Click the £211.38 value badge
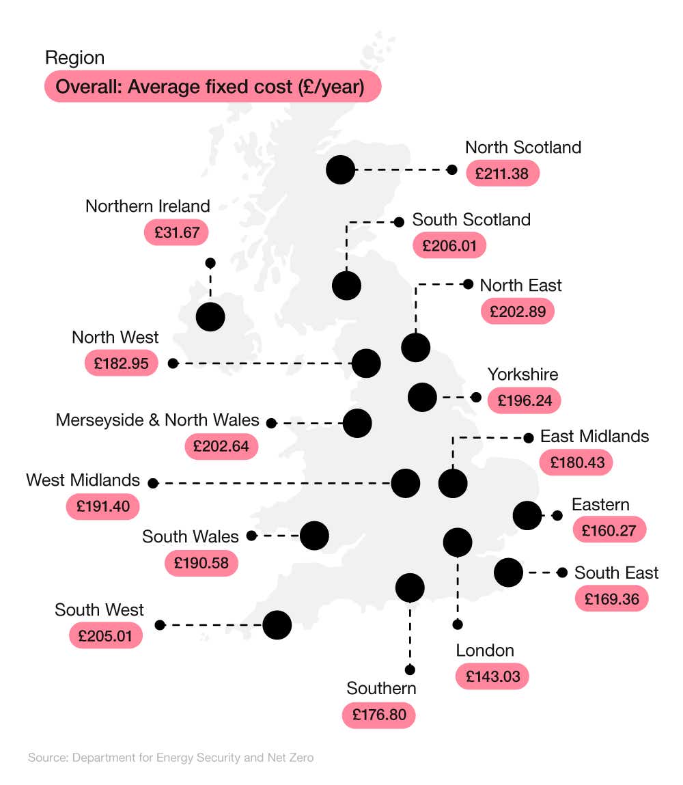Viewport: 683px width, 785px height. (x=502, y=174)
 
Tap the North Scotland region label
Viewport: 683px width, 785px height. (x=522, y=147)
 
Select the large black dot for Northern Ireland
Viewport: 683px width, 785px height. (x=210, y=316)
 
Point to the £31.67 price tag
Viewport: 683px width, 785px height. (x=176, y=232)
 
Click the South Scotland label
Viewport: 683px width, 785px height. (x=471, y=219)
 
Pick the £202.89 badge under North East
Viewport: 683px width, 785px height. (x=517, y=311)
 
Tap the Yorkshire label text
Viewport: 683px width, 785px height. (x=522, y=374)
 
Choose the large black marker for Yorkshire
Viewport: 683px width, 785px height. (x=422, y=397)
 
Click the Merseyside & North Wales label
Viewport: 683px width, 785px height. (x=158, y=419)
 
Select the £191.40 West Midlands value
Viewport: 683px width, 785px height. (x=102, y=507)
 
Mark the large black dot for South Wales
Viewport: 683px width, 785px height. (x=314, y=536)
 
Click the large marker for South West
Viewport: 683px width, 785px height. (x=277, y=624)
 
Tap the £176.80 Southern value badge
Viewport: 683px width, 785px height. (x=378, y=715)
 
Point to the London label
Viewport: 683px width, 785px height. (x=485, y=650)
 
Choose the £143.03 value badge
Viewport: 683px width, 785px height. (x=492, y=676)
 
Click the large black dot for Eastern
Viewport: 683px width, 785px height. (x=527, y=515)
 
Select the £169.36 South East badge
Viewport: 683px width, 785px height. (x=611, y=598)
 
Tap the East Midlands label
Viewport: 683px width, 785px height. (x=594, y=436)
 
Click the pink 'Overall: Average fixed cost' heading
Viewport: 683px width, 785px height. (x=212, y=87)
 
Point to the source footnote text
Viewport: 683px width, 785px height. (x=171, y=758)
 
